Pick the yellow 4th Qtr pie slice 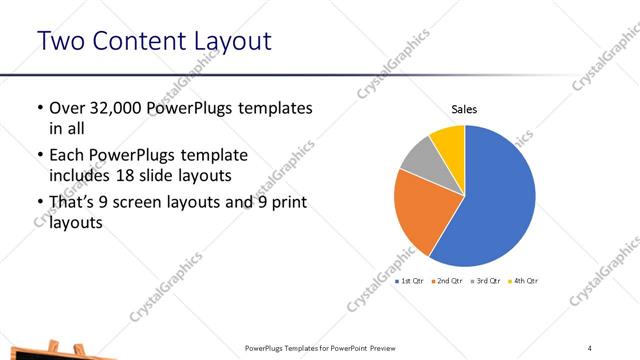click(449, 139)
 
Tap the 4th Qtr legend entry click(525, 281)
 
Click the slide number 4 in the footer click(589, 347)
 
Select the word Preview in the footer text click(377, 347)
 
